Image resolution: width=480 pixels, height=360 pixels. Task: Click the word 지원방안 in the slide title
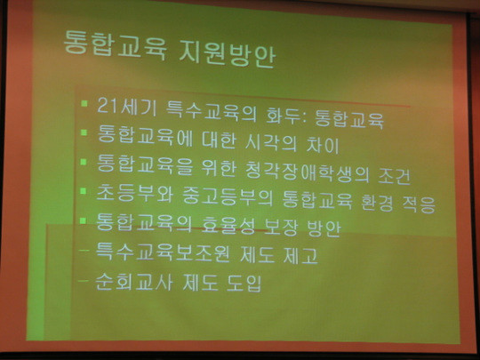[227, 53]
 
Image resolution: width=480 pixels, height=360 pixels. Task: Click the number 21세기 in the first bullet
[127, 107]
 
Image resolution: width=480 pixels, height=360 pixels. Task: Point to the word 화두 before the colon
[284, 115]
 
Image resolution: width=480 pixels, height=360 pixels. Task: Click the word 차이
[324, 145]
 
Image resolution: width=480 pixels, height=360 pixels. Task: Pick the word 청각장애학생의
[308, 172]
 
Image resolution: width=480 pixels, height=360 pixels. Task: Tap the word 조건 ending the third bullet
[395, 176]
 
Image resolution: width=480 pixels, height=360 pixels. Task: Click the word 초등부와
[135, 194]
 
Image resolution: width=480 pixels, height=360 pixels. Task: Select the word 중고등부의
[228, 196]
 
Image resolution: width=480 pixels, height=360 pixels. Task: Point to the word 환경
[377, 202]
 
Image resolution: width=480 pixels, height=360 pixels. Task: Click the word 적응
[419, 204]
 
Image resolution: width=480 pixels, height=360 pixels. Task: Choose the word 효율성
[228, 226]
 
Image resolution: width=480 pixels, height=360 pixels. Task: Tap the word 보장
[280, 228]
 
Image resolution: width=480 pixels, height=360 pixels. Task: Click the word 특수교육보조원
[163, 252]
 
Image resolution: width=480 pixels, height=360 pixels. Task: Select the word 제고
[300, 255]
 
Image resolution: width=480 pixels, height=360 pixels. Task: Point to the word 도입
[244, 284]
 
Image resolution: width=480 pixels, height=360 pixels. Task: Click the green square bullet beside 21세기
[84, 103]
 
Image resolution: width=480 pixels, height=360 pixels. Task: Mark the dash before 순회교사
[84, 280]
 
